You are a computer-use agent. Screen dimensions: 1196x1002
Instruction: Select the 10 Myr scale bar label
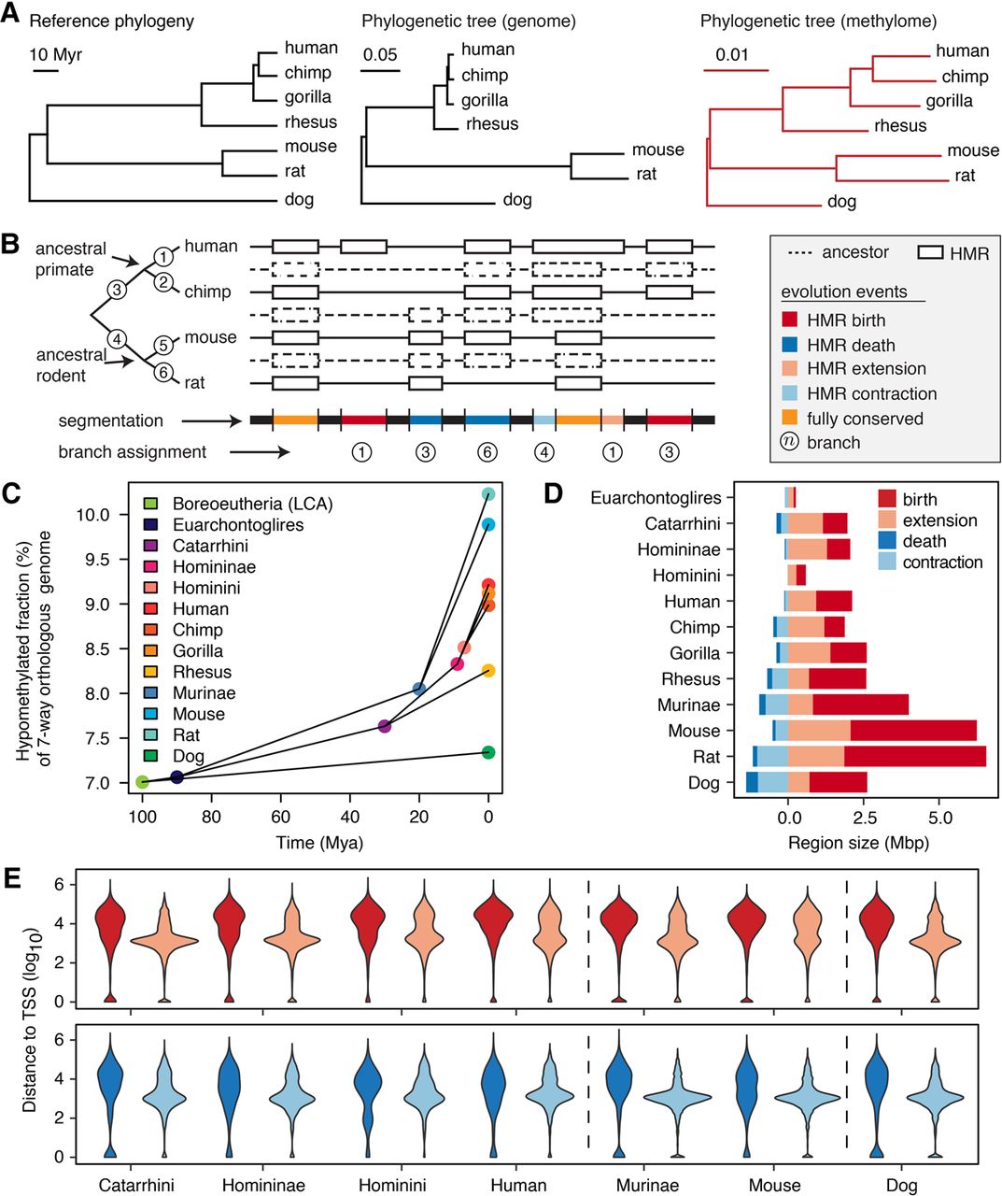pos(56,55)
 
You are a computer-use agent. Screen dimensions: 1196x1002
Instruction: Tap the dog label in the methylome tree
pos(841,201)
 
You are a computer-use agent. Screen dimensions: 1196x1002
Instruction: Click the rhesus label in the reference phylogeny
pos(311,122)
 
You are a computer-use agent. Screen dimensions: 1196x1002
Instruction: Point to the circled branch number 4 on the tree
pos(117,337)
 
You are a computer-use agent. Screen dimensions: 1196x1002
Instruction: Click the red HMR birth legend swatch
pos(791,320)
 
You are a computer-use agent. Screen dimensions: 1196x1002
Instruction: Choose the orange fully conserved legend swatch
pos(791,418)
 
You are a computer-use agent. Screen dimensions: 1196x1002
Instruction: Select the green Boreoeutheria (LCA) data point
pos(142,782)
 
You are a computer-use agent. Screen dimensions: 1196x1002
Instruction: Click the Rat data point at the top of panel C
pos(488,494)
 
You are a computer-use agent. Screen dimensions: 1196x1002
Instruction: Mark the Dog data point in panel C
pos(488,752)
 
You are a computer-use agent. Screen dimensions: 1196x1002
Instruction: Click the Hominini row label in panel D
pos(686,576)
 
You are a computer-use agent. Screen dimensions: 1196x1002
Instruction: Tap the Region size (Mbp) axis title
pos(858,843)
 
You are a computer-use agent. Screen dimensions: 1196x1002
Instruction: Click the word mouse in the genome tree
pos(657,149)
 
